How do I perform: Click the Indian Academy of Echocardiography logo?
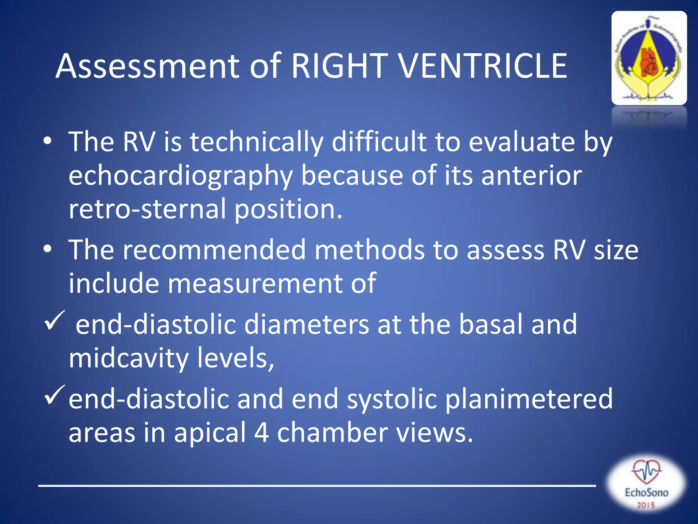coord(649,58)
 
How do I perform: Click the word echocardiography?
coord(181,176)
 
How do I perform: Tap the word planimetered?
coord(529,399)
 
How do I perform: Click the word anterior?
coord(531,175)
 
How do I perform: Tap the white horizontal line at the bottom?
coord(317,485)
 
